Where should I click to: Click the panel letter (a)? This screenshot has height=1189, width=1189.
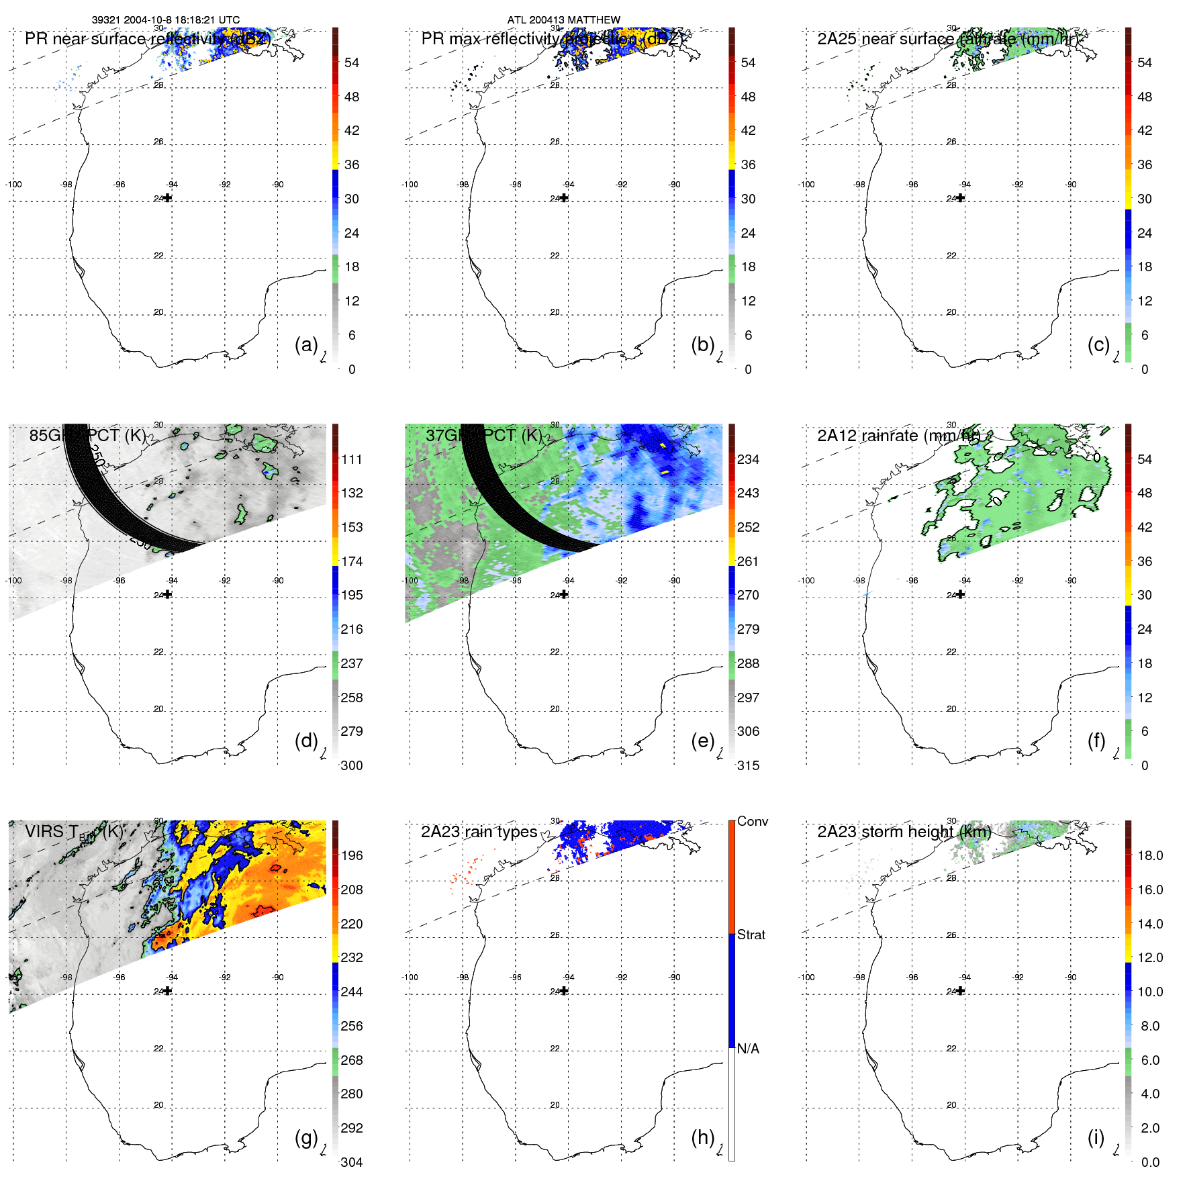(x=305, y=345)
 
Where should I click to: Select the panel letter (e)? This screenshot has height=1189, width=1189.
(x=702, y=741)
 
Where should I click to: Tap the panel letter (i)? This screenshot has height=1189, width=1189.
(x=1096, y=1137)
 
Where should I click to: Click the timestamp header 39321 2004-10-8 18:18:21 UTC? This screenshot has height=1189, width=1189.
(x=165, y=20)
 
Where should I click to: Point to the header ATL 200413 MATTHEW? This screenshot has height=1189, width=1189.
(x=563, y=20)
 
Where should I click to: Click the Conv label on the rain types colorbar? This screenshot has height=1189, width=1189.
(x=752, y=821)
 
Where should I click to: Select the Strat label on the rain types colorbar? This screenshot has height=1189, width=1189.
(x=751, y=935)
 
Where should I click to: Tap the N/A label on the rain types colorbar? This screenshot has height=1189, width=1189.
(x=748, y=1049)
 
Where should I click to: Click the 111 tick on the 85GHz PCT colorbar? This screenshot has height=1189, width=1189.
(x=352, y=459)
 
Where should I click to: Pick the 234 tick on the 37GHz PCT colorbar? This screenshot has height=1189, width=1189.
(x=748, y=459)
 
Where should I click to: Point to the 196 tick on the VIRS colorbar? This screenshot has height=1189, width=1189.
(x=352, y=855)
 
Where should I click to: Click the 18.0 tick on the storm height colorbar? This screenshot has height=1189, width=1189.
(x=1149, y=855)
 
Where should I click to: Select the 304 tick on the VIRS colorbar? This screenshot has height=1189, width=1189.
(x=352, y=1162)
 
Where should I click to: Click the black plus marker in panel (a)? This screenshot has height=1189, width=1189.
(x=168, y=198)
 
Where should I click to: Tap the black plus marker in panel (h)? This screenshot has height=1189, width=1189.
(x=564, y=991)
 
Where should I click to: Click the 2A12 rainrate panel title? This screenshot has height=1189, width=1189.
(x=898, y=436)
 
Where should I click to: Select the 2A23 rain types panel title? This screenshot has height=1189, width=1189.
(x=479, y=832)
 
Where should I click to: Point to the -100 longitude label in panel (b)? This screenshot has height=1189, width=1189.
(x=410, y=185)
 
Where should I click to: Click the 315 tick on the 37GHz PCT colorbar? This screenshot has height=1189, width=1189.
(x=748, y=765)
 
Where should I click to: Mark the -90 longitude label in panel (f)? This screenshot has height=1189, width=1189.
(x=1071, y=581)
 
